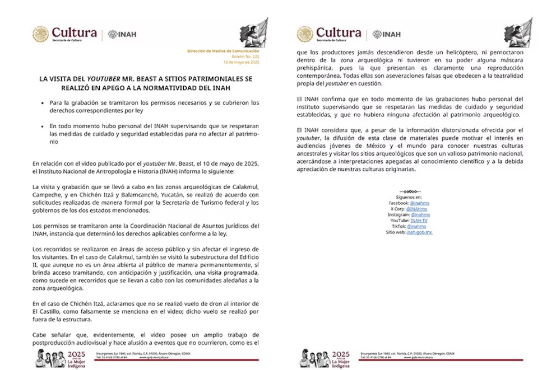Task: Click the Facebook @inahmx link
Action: (x=420, y=203)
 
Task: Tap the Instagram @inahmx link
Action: (x=420, y=214)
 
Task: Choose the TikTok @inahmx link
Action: (x=416, y=226)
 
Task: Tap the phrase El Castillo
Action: (x=48, y=311)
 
